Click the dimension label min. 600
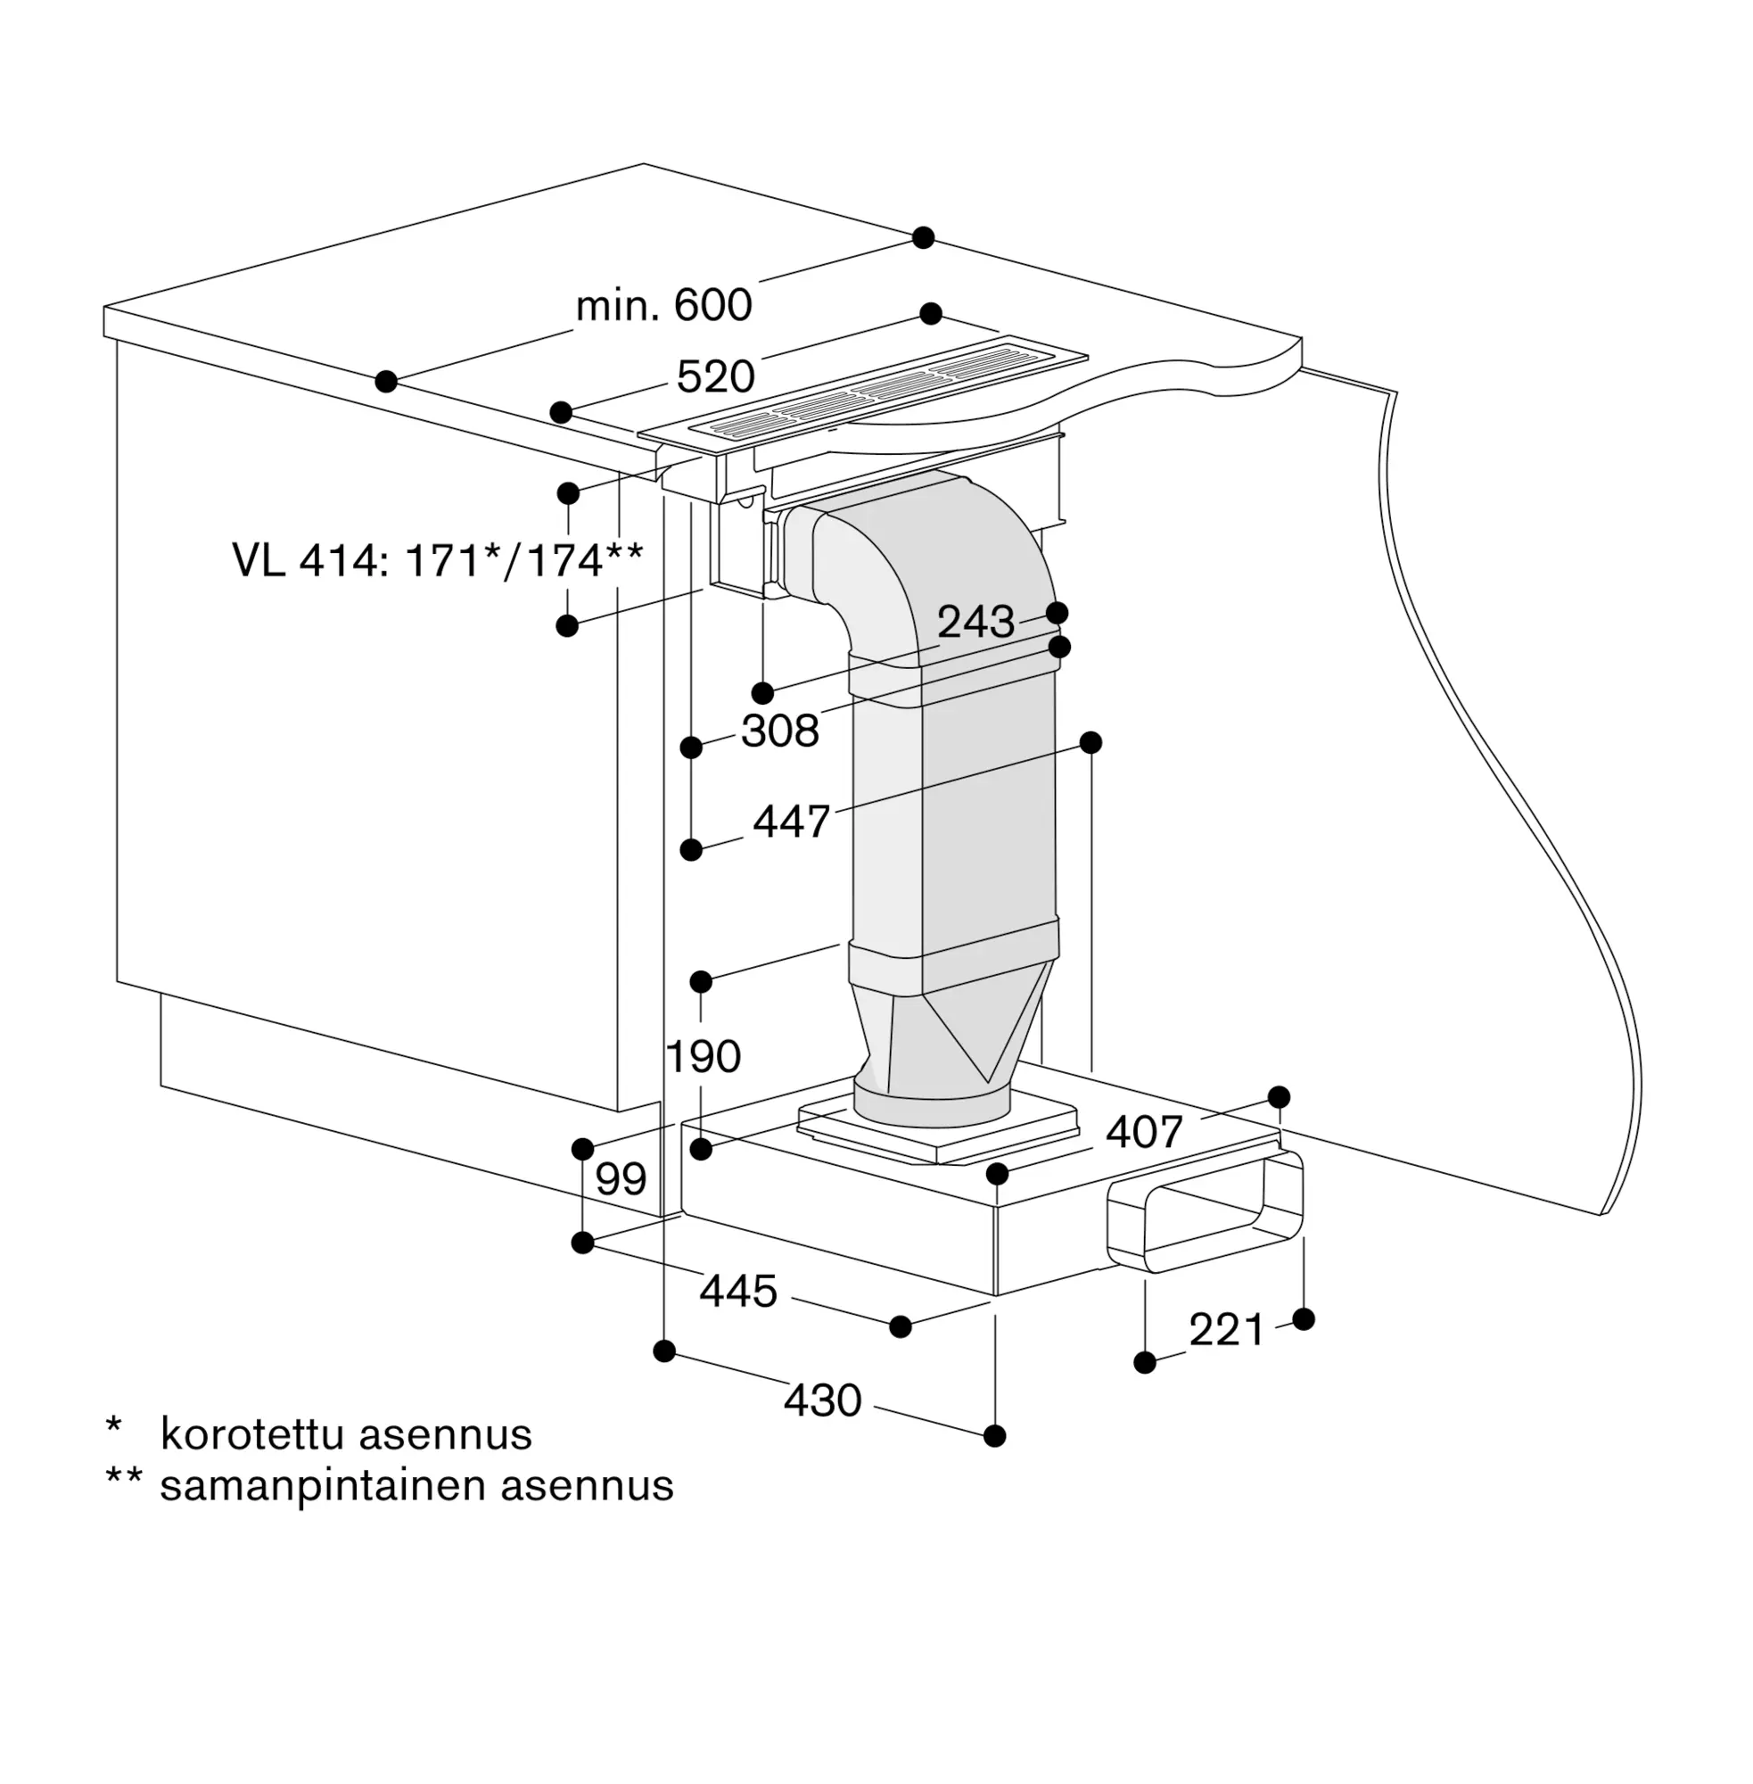pos(663,305)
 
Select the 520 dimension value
pos(715,376)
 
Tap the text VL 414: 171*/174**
pos(437,560)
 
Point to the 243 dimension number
pos(976,623)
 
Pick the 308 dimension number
pos(780,731)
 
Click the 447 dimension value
pos(792,822)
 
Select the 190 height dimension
pos(703,1056)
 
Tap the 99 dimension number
pos(621,1179)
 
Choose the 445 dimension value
pos(738,1292)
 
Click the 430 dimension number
pos(822,1400)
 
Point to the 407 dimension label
pos(1143,1132)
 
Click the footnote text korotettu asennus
pos(346,1434)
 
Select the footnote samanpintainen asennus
pos(417,1485)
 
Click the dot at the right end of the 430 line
pos(994,1436)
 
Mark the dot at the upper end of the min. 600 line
pos(924,237)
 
